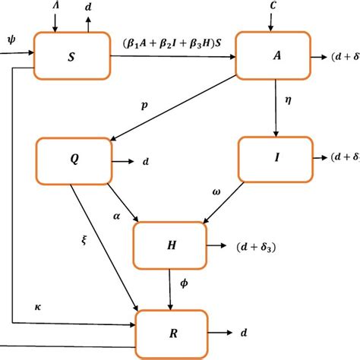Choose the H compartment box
tap(170, 245)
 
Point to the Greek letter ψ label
tap(10, 39)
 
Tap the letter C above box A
tap(273, 5)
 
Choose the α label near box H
tap(116, 216)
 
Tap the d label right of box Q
tap(145, 161)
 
